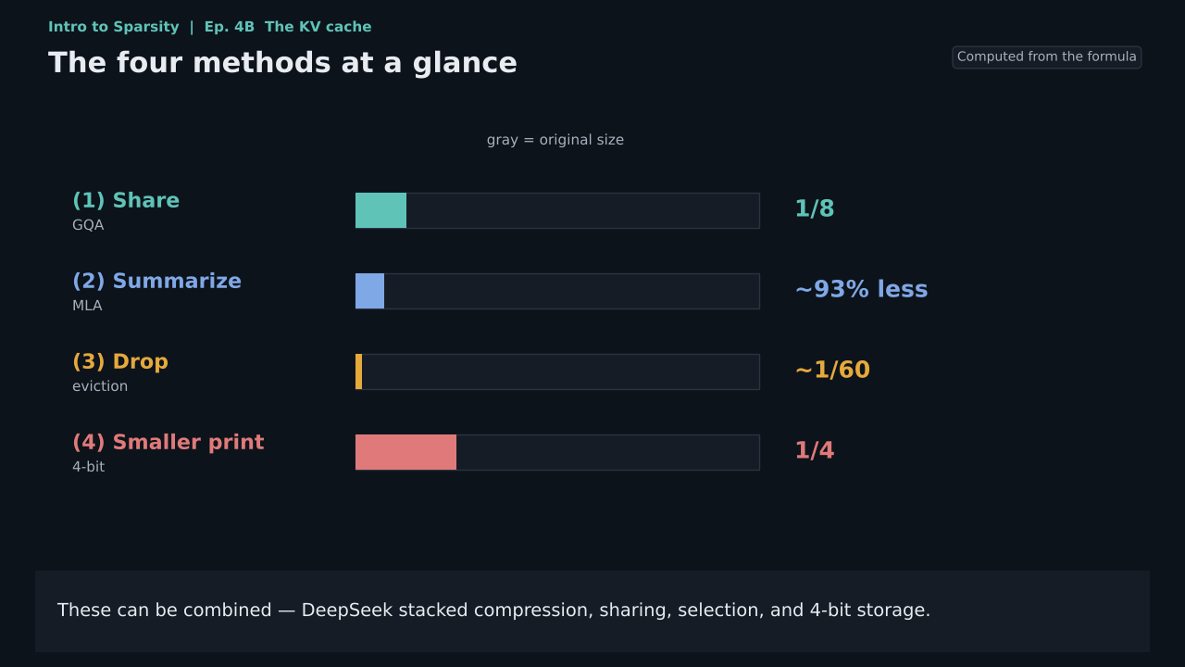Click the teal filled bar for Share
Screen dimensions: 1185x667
380,210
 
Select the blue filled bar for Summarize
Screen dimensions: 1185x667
369,291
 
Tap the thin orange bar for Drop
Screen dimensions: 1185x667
358,371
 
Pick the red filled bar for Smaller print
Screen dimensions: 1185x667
405,452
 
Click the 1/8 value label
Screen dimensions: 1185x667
815,208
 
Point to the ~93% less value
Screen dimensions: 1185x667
861,289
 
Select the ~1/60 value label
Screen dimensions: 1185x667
832,370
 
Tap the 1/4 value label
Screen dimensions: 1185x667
815,450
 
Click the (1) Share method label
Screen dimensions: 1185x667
126,201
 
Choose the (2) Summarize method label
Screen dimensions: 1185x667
156,281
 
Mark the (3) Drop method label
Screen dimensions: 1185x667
120,361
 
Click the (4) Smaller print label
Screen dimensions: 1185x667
168,442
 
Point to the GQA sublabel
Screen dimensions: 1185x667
88,225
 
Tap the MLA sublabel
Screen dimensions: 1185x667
87,306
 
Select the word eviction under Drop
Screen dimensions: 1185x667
100,386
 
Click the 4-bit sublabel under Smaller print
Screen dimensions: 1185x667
88,466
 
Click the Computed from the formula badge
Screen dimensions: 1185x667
1046,57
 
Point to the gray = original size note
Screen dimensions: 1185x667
555,140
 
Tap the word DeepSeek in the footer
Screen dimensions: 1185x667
347,610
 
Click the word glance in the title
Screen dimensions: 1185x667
465,63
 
